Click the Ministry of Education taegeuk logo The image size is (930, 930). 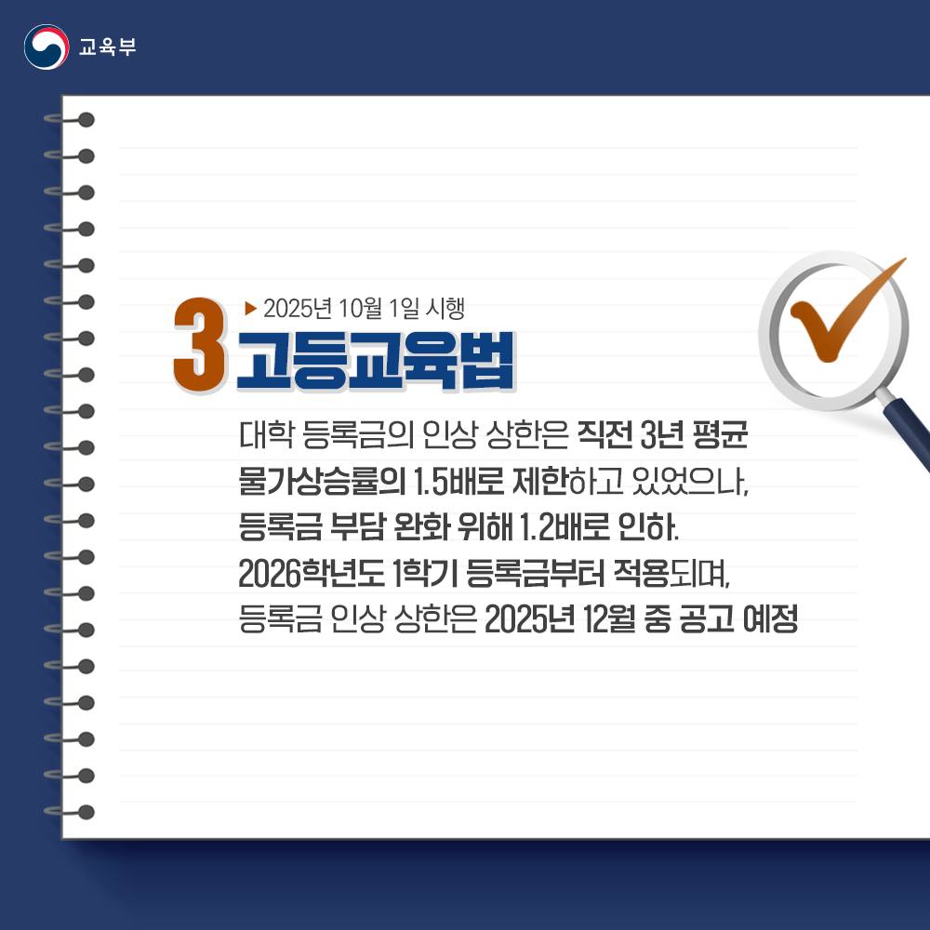pyautogui.click(x=46, y=46)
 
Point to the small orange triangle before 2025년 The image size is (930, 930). pyautogui.click(x=249, y=306)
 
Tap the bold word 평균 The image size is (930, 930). pyautogui.click(x=725, y=436)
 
